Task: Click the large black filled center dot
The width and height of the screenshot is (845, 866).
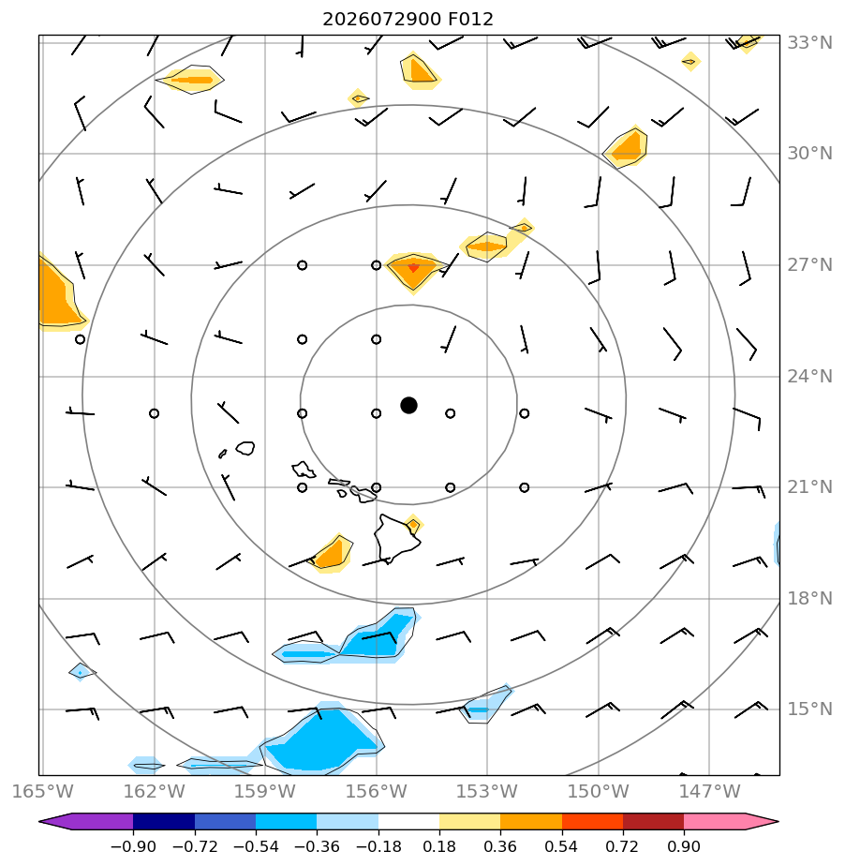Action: pyautogui.click(x=408, y=406)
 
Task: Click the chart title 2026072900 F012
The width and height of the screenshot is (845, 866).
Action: pyautogui.click(x=408, y=20)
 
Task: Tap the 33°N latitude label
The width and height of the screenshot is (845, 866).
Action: pyautogui.click(x=809, y=42)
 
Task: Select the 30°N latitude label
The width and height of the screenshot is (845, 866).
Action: pyautogui.click(x=809, y=154)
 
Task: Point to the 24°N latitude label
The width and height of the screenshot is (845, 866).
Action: pyautogui.click(x=809, y=376)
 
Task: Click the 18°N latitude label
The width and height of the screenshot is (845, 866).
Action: pyautogui.click(x=809, y=598)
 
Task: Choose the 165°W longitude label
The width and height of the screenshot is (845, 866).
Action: pyautogui.click(x=42, y=791)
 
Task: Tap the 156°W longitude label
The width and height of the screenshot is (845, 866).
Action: pyautogui.click(x=376, y=791)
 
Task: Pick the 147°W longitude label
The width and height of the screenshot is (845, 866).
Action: pyautogui.click(x=709, y=791)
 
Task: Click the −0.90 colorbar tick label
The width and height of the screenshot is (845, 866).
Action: pyautogui.click(x=133, y=846)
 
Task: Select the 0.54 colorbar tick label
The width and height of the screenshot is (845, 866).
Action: pyautogui.click(x=562, y=846)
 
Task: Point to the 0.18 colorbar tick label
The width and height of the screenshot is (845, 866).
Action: pyautogui.click(x=439, y=846)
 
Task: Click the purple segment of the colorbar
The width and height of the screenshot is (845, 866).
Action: pyautogui.click(x=88, y=821)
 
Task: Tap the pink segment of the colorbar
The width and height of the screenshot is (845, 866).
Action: pyautogui.click(x=729, y=821)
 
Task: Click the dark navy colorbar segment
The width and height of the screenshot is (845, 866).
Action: pyautogui.click(x=164, y=821)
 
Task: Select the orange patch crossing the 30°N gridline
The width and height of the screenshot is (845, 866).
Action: pyautogui.click(x=627, y=147)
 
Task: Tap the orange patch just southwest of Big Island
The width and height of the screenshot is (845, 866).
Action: pyautogui.click(x=332, y=554)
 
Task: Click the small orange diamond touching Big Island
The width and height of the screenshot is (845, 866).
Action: pyautogui.click(x=413, y=524)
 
